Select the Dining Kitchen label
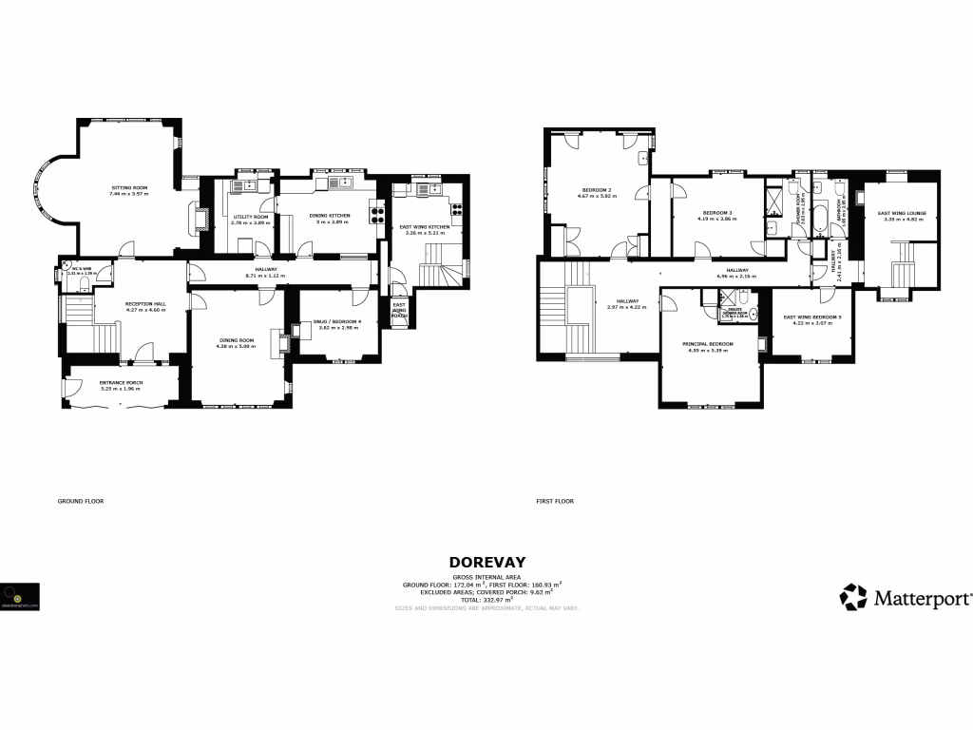(x=330, y=216)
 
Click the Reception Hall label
(x=145, y=304)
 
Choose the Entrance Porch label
(x=120, y=383)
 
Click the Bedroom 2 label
(x=596, y=190)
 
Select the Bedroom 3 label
(x=716, y=212)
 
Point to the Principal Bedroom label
(x=708, y=343)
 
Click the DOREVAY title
(x=486, y=562)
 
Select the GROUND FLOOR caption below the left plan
(x=81, y=501)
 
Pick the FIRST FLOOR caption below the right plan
(x=555, y=501)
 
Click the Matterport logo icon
(x=853, y=598)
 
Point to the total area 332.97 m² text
(x=486, y=600)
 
